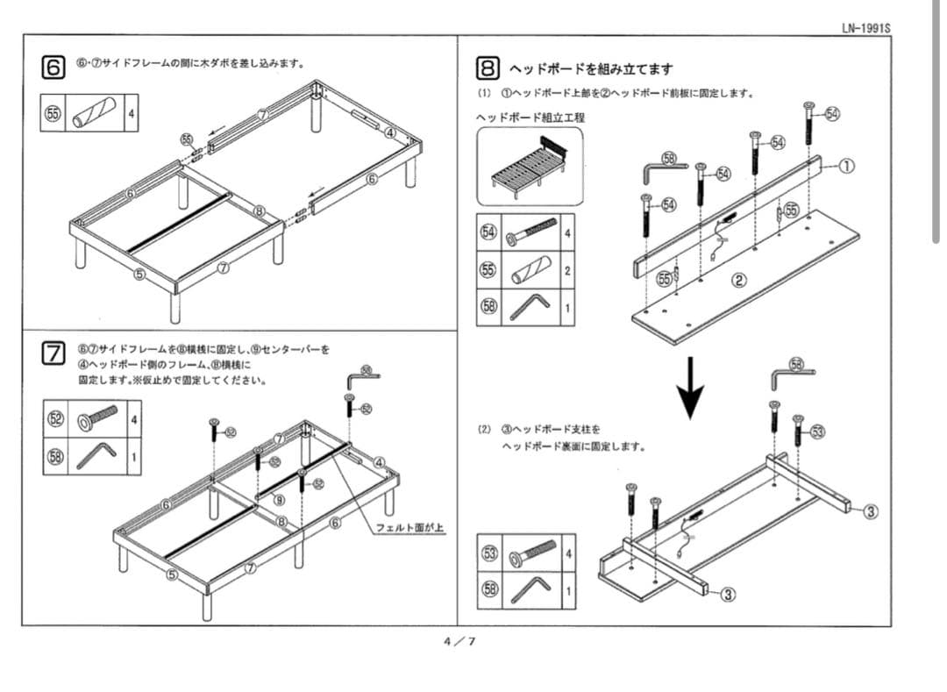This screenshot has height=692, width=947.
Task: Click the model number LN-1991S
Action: click(865, 27)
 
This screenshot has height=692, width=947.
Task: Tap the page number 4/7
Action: click(459, 641)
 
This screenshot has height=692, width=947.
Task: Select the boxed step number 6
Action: click(54, 67)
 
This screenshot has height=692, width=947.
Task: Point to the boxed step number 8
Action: click(488, 68)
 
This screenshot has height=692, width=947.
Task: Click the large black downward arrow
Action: click(692, 387)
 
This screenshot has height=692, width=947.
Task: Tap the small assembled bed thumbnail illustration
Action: click(529, 165)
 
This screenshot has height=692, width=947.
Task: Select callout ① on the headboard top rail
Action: click(848, 167)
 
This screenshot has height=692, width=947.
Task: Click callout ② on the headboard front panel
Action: click(738, 281)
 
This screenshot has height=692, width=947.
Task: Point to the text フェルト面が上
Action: click(409, 527)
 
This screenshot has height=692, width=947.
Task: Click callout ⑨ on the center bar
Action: click(279, 500)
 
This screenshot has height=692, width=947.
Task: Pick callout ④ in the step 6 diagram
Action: click(390, 132)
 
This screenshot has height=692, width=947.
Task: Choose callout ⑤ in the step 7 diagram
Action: click(173, 575)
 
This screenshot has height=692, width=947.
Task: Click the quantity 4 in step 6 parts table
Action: click(132, 114)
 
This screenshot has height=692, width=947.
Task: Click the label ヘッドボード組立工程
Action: click(530, 117)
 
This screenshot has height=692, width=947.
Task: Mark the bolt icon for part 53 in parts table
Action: click(531, 553)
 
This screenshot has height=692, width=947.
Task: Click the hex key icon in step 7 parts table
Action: click(96, 455)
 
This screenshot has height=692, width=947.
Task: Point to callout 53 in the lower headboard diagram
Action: click(817, 432)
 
